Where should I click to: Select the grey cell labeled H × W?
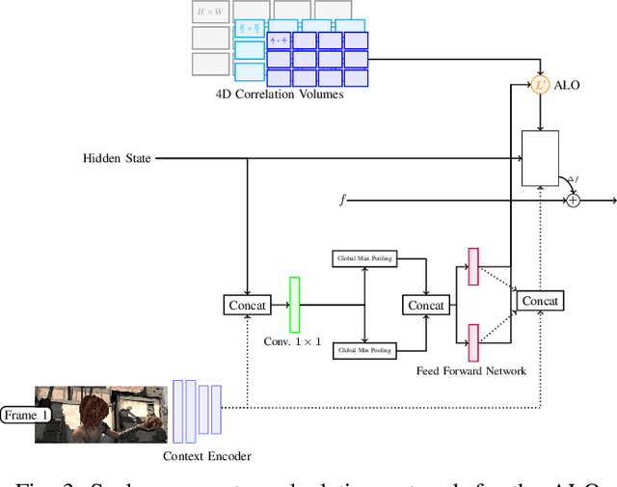pos(210,12)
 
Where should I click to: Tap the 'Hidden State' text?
pos(117,158)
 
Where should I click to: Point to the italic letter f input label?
pos(341,200)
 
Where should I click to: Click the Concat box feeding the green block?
pos(247,305)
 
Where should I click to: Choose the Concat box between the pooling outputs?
pos(425,305)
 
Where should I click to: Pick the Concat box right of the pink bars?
pos(540,301)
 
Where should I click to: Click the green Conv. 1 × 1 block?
pos(295,305)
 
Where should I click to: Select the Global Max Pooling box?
pos(364,258)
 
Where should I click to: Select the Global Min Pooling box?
pos(364,351)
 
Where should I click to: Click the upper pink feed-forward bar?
pos(473,267)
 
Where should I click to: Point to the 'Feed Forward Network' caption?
pos(471,370)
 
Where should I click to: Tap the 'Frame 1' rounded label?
pos(26,416)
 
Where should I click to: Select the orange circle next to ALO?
pos(541,85)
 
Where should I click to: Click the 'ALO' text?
pos(569,86)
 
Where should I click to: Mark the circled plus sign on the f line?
pos(574,200)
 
